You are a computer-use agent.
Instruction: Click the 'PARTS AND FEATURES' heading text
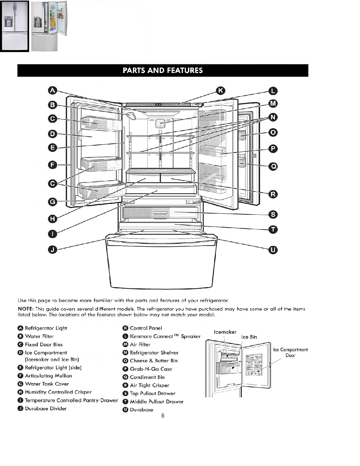pos(163,70)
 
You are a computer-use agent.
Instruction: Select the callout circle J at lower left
pos(52,250)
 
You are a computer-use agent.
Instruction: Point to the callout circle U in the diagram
pos(273,250)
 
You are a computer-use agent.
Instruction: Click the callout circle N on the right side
pos(273,117)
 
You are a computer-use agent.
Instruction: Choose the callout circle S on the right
pos(273,214)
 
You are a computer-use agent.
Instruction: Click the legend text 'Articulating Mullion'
pos(48,376)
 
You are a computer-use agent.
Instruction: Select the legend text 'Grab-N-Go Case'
pos(151,369)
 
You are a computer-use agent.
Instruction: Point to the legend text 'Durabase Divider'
pos(46,408)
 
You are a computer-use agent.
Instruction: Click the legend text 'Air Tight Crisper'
pos(149,385)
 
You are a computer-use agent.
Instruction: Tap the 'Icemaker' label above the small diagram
pos(225,332)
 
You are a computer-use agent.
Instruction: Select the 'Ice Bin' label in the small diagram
pos(249,337)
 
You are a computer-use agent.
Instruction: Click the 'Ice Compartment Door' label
pos(290,352)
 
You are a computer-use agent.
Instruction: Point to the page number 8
pos(162,416)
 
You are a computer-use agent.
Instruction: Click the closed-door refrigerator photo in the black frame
pos(14,26)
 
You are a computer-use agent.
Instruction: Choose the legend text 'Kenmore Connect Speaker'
pos(165,336)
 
